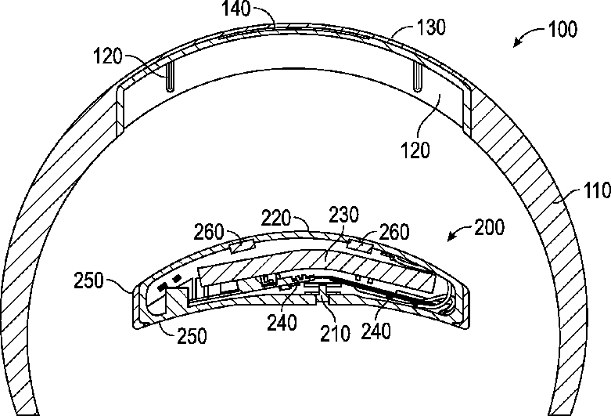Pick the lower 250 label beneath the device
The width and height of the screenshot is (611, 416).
(x=191, y=337)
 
